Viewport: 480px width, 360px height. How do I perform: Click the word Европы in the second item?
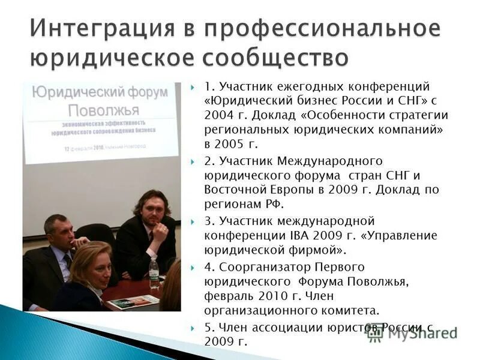click(287, 190)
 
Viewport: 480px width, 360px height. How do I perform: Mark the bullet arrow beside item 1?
click(193, 88)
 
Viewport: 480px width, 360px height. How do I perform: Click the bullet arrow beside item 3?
click(193, 220)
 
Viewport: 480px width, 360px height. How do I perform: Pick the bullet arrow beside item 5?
click(193, 328)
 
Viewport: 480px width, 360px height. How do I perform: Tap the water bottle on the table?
click(154, 274)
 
